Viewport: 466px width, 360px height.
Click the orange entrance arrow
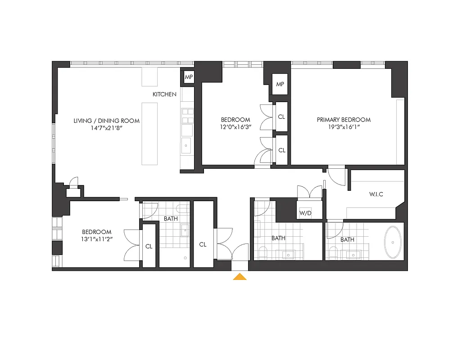(240, 276)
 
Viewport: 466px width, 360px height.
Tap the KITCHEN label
(164, 94)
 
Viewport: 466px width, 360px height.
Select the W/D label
(305, 212)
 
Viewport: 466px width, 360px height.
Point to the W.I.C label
(376, 195)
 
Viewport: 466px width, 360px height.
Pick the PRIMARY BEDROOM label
(344, 120)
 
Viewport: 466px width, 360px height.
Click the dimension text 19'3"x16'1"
(344, 127)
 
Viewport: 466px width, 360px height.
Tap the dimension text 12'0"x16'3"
(235, 127)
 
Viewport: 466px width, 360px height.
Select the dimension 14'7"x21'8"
(106, 128)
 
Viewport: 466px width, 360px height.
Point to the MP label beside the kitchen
(188, 77)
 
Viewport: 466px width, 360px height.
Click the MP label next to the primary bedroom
(280, 85)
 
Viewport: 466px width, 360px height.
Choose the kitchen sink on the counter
(186, 145)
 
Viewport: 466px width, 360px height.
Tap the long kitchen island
(150, 134)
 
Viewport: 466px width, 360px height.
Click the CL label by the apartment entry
(203, 244)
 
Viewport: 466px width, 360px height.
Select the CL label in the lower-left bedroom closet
(149, 247)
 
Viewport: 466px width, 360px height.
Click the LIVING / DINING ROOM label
(107, 121)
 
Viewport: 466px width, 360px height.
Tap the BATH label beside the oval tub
(347, 240)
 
